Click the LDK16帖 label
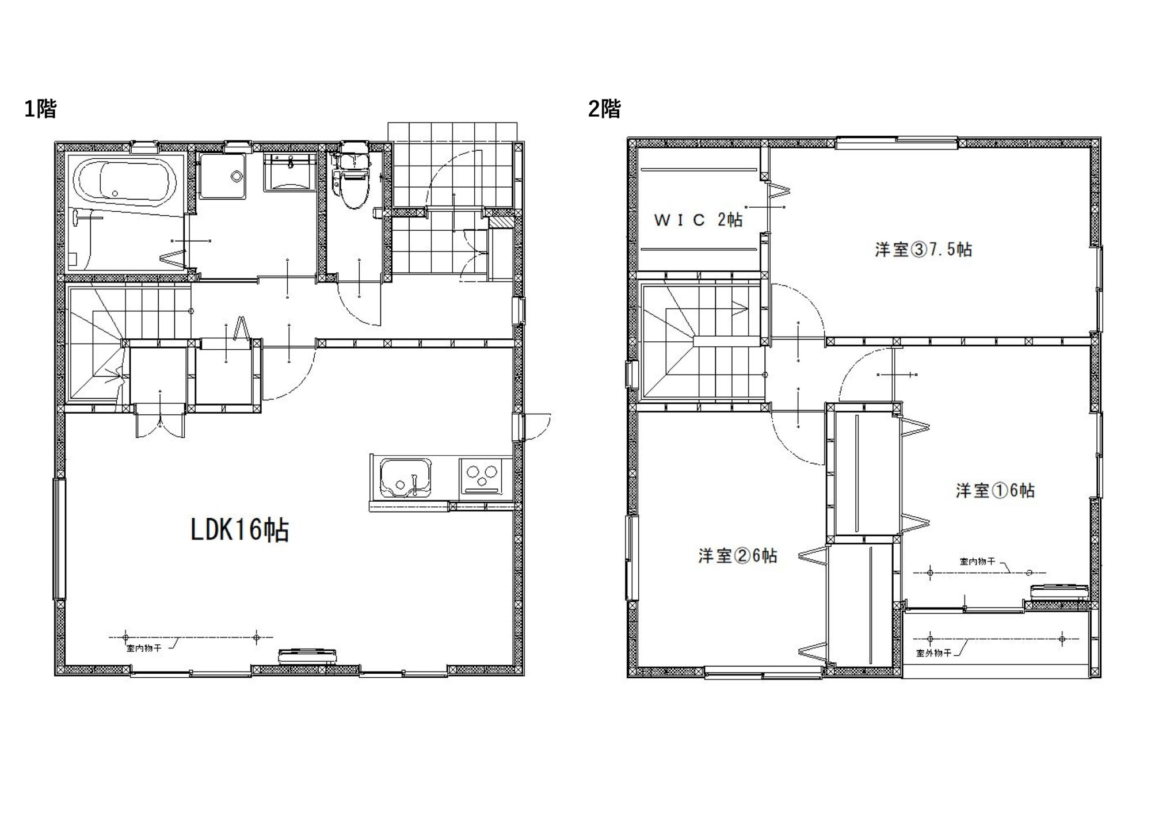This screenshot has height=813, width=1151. (239, 529)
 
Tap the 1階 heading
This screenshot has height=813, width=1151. (40, 108)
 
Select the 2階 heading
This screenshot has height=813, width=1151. (604, 108)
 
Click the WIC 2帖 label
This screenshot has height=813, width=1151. (698, 220)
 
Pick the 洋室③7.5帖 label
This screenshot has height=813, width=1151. (924, 250)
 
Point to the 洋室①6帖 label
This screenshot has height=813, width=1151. (995, 490)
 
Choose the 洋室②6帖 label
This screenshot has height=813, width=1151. (738, 556)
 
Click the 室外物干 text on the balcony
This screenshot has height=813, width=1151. (932, 653)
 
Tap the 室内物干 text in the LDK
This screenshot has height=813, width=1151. (143, 648)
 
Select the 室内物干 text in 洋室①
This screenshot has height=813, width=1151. (977, 561)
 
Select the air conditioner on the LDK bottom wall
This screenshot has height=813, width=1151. (307, 656)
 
